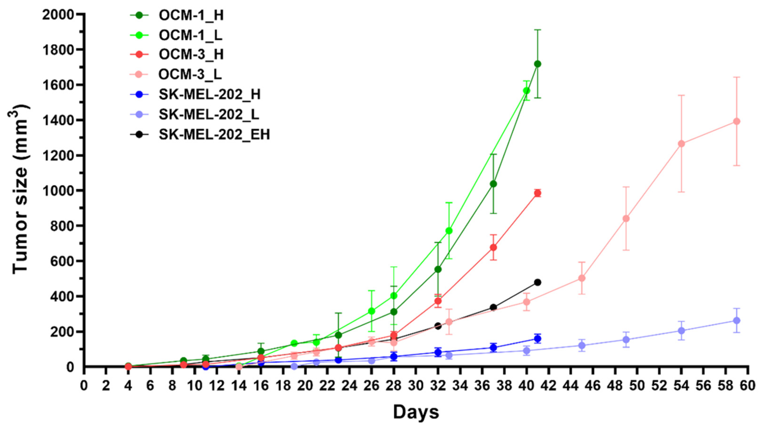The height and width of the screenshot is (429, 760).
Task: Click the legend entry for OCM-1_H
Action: coord(191,15)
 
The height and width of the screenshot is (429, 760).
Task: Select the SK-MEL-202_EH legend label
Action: coord(214,135)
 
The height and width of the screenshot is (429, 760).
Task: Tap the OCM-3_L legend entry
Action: coord(190,74)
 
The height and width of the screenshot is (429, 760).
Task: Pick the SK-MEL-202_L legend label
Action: coord(209,114)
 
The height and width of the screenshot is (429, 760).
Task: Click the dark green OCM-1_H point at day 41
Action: coord(538,64)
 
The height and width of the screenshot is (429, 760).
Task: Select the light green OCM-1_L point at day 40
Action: coord(526,91)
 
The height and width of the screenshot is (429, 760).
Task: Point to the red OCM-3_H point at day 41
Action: coord(538,193)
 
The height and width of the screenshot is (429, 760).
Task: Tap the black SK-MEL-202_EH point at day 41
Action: coord(538,282)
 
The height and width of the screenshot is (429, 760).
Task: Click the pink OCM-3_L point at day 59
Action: coord(737,121)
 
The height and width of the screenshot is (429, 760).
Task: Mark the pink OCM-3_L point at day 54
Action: coord(682,144)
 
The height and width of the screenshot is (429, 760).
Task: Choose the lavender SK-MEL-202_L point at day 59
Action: coord(737,321)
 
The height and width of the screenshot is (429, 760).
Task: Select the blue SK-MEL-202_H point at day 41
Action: coord(538,338)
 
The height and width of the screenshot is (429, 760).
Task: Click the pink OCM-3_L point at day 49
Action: coord(626,219)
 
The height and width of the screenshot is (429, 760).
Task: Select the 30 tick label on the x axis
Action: coord(416,386)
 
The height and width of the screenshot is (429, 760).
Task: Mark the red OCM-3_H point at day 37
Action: coord(493,247)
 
